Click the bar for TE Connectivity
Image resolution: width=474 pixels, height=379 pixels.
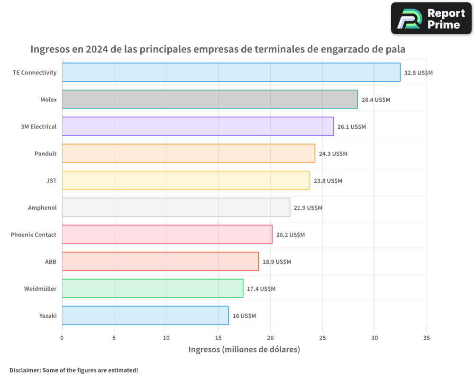(x=231, y=72)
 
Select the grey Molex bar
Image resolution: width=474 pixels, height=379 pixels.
(x=210, y=99)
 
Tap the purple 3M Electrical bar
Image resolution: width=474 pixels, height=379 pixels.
(x=198, y=126)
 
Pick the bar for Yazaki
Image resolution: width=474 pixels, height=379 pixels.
(x=145, y=316)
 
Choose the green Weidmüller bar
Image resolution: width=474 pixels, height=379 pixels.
(x=152, y=289)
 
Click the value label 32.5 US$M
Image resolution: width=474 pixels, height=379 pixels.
(x=419, y=73)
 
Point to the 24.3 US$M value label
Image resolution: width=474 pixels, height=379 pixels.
(x=333, y=154)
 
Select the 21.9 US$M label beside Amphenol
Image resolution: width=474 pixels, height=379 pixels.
(x=308, y=208)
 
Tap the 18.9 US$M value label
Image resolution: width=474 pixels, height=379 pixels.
(x=277, y=262)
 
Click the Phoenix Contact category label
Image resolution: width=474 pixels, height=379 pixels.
(x=33, y=235)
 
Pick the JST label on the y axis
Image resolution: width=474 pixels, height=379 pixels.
(x=52, y=181)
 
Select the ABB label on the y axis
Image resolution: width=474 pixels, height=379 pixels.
(x=51, y=262)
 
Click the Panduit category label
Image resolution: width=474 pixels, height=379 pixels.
(x=46, y=154)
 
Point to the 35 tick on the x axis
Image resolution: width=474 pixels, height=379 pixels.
(x=427, y=338)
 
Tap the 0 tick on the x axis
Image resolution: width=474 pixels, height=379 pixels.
(x=62, y=338)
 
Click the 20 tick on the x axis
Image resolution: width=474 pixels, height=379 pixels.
(x=270, y=338)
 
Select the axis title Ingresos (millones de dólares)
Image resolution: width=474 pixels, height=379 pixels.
(x=244, y=350)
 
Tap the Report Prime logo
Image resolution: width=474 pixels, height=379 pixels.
(x=431, y=18)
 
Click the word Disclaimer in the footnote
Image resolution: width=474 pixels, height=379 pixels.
(x=25, y=370)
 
